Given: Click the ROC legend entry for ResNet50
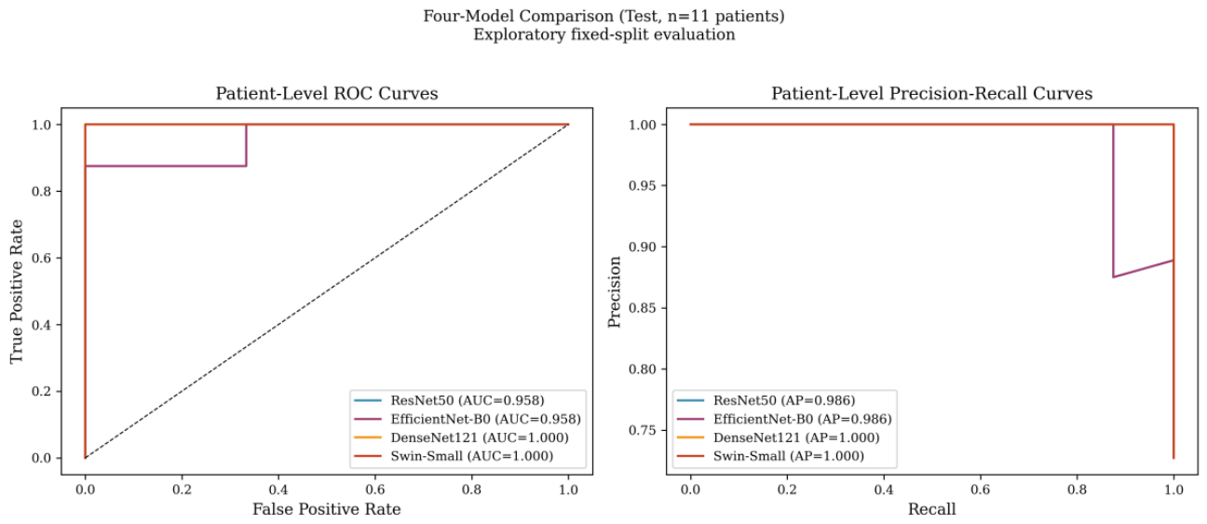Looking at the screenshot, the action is coord(449,400).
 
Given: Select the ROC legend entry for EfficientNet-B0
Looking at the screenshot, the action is coord(468,419).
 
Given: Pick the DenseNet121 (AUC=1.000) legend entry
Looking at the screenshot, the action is coord(461,437).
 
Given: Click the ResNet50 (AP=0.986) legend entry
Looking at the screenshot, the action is coord(766,400).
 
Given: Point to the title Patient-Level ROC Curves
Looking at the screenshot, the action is coord(327,94).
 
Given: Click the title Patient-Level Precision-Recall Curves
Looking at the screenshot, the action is coord(931,94).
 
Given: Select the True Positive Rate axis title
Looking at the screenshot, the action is coord(17,291).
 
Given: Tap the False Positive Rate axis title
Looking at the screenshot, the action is coord(327,509).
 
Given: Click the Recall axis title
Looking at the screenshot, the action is coord(931,509).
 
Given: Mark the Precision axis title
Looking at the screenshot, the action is coord(615,291).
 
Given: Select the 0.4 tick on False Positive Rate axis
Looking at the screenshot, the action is coord(278,490).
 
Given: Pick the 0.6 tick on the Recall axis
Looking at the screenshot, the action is coord(980,490).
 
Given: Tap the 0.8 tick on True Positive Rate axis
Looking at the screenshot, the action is coord(42,191).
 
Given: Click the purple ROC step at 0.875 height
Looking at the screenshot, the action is coord(166,166).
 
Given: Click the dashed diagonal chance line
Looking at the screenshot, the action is coord(327,291).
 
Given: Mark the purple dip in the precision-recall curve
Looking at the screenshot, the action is coord(1113,276).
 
